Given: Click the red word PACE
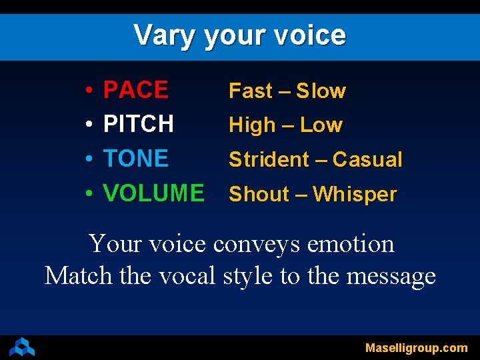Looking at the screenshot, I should [x=136, y=90].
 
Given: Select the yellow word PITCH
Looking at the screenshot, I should [x=139, y=124].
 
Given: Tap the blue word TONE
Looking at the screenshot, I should [x=136, y=159].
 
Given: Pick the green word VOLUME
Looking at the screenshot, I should [x=153, y=193].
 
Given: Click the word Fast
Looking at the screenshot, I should [x=251, y=91].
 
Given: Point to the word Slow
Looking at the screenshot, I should [x=321, y=91].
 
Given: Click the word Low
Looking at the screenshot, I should [x=321, y=125].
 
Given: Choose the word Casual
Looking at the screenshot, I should [x=367, y=160].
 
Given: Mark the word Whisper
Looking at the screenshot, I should [x=355, y=195].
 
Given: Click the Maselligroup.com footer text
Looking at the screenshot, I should [x=416, y=348].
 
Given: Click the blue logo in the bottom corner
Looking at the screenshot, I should [x=21, y=347].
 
